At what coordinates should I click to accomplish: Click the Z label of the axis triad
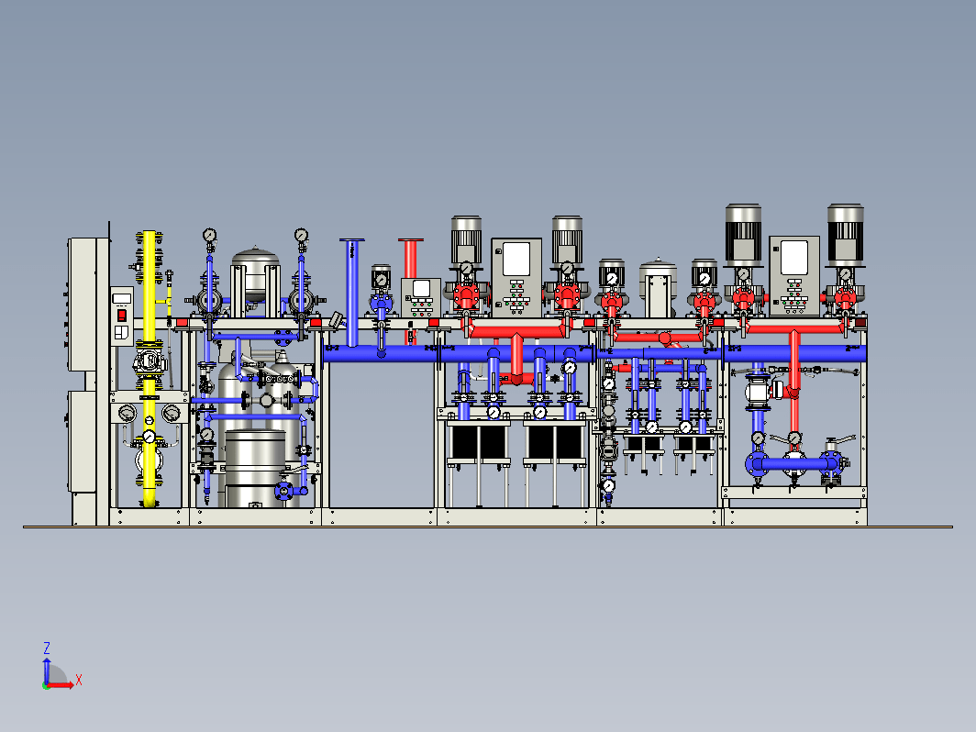click(x=46, y=648)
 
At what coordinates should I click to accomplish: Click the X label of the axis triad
click(x=79, y=680)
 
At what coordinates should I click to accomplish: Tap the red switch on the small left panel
click(x=122, y=316)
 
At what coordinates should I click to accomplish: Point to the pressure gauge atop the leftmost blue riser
click(x=209, y=235)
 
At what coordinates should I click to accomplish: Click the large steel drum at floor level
click(x=255, y=468)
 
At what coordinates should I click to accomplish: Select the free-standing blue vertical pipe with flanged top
click(x=352, y=292)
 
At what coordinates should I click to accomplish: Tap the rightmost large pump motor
click(x=846, y=234)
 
